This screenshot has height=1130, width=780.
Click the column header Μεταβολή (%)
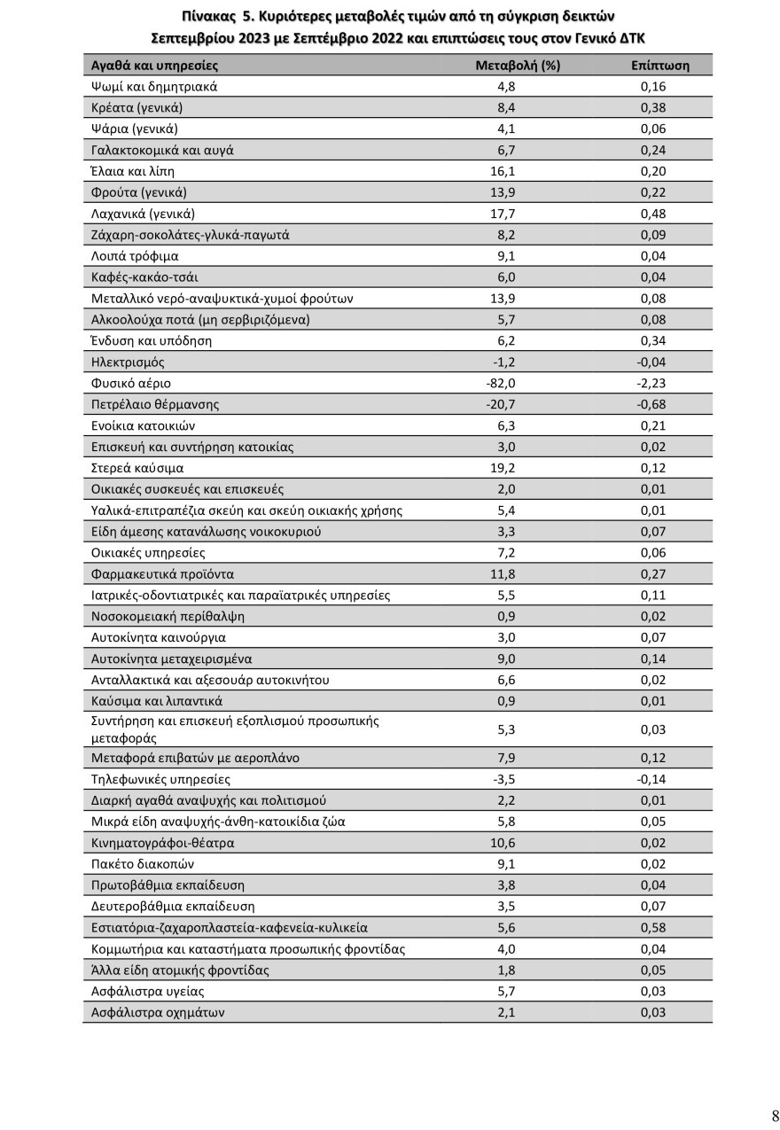[x=518, y=66]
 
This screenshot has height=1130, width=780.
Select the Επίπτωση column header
[x=659, y=66]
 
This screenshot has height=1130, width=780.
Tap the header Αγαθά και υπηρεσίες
[x=154, y=66]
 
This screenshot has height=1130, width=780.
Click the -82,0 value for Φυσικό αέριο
[x=503, y=384]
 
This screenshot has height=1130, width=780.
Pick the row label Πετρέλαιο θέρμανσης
[x=154, y=405]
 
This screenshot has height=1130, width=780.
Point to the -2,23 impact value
[x=652, y=384]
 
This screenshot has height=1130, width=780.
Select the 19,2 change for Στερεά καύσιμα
[x=503, y=468]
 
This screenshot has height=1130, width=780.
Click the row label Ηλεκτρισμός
[x=128, y=362]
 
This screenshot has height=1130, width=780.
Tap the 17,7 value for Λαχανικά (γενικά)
[x=503, y=214]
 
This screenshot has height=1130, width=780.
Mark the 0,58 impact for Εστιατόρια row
[x=652, y=928]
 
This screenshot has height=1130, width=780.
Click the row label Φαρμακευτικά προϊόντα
[x=162, y=574]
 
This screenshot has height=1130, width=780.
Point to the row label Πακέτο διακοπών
[x=142, y=864]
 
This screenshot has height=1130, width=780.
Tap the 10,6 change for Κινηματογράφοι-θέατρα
[x=503, y=843]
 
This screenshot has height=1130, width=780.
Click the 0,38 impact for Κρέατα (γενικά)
[x=652, y=108]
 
